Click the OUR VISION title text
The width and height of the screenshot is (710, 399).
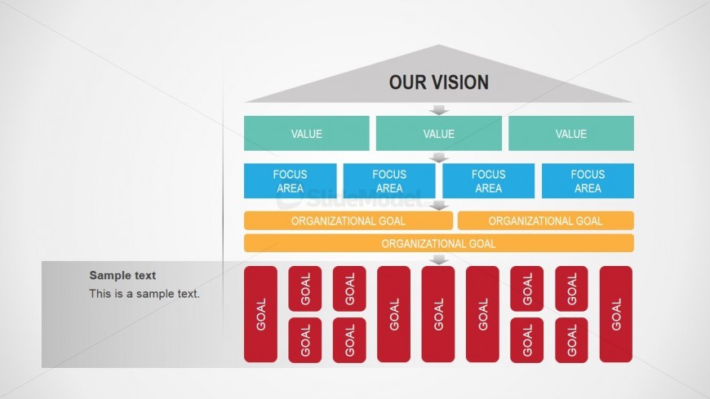coord(438,82)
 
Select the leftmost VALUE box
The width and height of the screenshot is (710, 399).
coord(307,134)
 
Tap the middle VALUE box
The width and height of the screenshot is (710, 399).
coord(439,134)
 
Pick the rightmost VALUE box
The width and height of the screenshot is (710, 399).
coord(571,134)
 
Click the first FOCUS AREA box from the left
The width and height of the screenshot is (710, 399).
coord(291,181)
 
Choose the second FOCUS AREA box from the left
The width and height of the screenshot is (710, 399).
coord(389,181)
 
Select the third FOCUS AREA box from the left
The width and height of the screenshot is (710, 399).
coord(488,181)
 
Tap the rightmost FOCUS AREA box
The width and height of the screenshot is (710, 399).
coord(588,181)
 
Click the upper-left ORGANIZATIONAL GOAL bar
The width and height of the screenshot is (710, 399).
coord(348,220)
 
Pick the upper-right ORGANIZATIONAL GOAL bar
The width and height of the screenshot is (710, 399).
coord(546,220)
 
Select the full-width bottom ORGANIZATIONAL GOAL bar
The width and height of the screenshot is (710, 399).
coord(439,243)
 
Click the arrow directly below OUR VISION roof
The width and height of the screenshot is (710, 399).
coord(439,109)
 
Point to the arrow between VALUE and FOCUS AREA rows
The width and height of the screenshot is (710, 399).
coord(439,157)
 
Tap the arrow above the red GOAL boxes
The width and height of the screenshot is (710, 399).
coord(439,259)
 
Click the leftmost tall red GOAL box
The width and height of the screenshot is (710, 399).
coord(261,314)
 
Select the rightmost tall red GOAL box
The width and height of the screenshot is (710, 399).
coord(616,314)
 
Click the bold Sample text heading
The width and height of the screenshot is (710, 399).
coord(122,276)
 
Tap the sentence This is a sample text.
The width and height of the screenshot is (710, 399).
coord(144,294)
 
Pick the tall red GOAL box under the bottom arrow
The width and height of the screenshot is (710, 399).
coord(438,314)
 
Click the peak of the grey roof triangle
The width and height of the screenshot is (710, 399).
coord(439,47)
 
